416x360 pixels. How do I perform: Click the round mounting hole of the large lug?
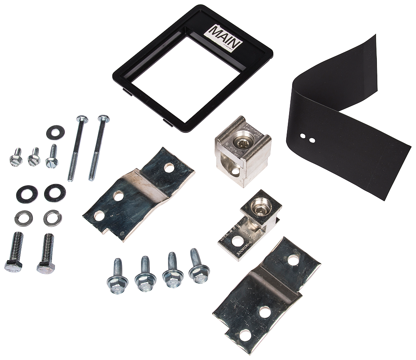235,170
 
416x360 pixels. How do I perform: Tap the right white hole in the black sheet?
312,140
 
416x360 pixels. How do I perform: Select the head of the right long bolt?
104,119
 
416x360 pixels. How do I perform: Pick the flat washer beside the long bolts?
55,132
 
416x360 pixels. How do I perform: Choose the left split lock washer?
23,218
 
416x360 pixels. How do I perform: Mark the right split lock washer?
52,218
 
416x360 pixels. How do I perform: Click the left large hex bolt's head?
13,265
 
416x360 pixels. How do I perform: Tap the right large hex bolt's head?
45,267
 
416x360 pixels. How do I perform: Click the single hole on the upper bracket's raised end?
169,168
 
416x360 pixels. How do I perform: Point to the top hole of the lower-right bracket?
293,260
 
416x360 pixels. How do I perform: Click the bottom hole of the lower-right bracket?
245,334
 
